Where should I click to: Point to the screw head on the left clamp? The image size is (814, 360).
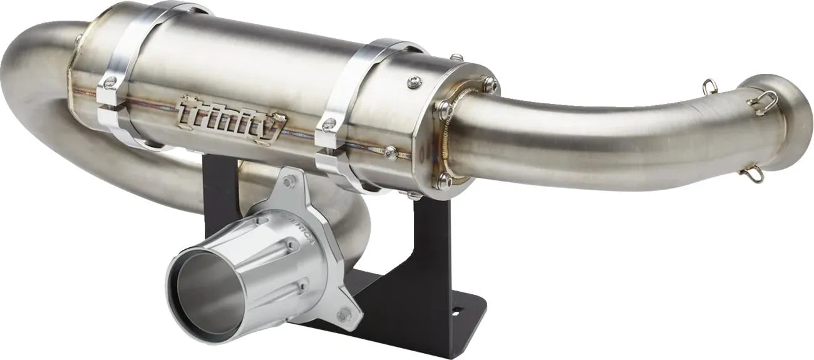pyautogui.click(x=110, y=81)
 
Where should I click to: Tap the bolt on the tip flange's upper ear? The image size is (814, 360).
pyautogui.click(x=289, y=182)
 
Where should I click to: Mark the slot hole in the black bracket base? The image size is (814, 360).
pyautogui.click(x=455, y=311)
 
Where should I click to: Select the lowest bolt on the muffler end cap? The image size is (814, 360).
pyautogui.click(x=445, y=182)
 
